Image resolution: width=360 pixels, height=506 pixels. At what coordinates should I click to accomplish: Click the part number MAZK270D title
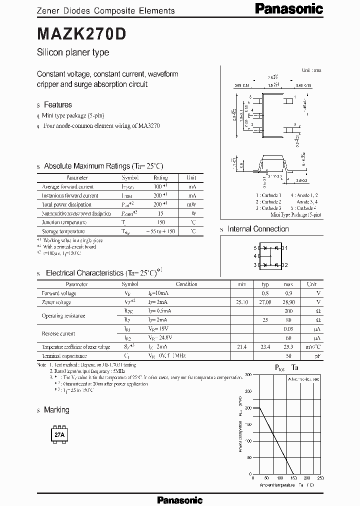82,33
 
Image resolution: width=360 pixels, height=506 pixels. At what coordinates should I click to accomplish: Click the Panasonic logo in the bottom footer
179,499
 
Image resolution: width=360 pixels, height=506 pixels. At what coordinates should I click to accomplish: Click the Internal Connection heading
258,229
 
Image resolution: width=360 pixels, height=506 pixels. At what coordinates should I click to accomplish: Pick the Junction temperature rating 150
160,222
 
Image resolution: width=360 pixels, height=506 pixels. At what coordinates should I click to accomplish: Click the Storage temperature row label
63,231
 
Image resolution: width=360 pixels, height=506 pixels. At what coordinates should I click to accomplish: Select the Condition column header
186,284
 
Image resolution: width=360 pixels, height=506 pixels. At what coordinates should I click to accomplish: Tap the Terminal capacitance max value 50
289,356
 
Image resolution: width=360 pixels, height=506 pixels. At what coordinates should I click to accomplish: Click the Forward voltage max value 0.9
289,293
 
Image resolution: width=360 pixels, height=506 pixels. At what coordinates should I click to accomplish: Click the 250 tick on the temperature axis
320,478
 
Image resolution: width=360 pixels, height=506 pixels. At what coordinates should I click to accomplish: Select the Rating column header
160,177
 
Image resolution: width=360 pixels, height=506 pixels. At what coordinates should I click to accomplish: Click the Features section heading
58,104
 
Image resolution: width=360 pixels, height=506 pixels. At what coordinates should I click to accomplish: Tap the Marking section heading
56,410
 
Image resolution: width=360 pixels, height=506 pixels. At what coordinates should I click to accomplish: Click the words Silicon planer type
73,52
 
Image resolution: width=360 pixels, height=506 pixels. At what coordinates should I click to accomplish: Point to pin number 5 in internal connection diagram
254,248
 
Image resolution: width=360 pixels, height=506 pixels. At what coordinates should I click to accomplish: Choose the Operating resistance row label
63,315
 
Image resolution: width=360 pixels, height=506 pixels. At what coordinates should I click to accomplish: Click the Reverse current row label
58,333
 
